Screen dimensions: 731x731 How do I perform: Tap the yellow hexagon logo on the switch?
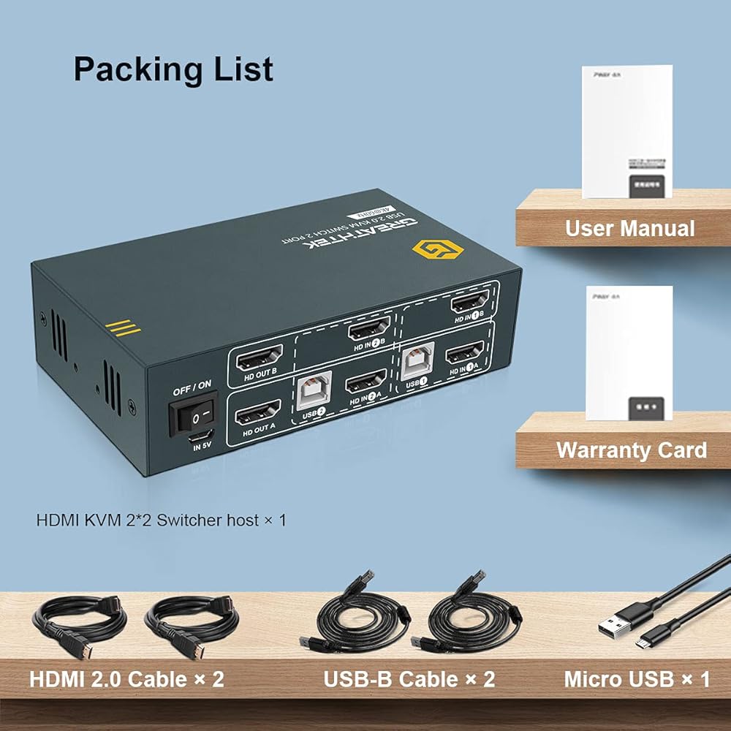point(429,250)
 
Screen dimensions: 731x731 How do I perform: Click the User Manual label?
point(629,228)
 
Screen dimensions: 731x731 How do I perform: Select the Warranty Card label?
point(631,450)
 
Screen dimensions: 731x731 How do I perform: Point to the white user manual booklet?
point(627,132)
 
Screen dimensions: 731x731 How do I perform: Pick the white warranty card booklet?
point(629,352)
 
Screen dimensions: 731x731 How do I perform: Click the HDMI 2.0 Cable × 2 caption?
point(126,678)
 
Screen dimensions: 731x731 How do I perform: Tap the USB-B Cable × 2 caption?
point(409,678)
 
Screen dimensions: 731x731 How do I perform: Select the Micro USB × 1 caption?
point(637,678)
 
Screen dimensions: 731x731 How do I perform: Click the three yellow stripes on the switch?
point(122,327)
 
